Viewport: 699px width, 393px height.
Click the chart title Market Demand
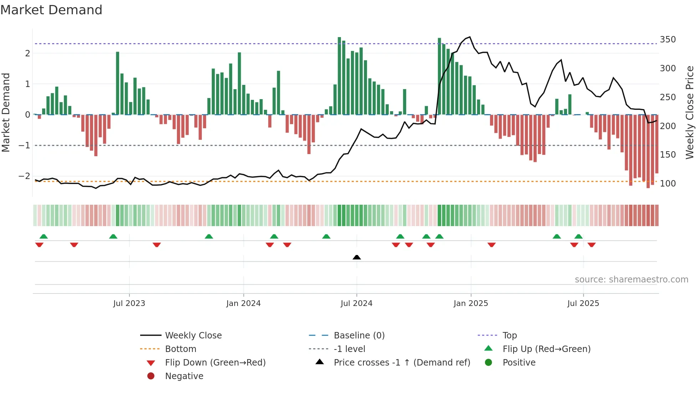coord(51,10)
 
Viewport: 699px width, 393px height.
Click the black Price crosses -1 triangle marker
coord(357,257)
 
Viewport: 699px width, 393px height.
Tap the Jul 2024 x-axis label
coord(356,303)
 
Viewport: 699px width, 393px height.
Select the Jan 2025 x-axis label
coord(470,303)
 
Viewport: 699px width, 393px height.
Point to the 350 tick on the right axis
coord(668,40)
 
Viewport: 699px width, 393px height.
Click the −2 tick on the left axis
coord(24,176)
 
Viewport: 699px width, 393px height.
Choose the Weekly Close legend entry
coord(193,336)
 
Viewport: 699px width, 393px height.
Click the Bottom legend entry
coord(180,349)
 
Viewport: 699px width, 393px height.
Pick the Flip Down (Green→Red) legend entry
coord(215,363)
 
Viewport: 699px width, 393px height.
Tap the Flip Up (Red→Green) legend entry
coord(546,349)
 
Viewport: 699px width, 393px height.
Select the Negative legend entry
coord(184,376)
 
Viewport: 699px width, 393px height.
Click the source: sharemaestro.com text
coord(631,280)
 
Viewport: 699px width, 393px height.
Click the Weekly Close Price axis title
coord(690,112)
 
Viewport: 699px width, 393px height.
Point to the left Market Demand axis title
coord(6,112)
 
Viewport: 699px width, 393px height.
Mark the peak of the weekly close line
coord(470,37)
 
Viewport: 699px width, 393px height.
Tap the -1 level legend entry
coord(349,349)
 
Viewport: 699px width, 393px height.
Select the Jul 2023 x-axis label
coord(129,303)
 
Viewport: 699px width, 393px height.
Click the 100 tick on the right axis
coord(668,184)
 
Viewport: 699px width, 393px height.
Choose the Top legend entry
coord(509,336)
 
